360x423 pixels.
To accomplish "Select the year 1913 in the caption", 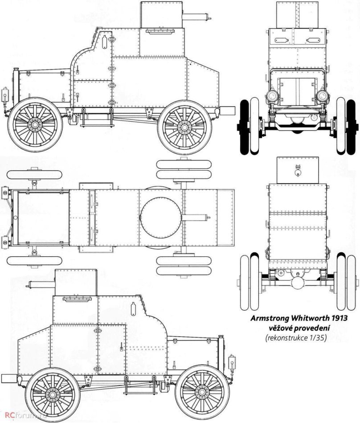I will [335, 319].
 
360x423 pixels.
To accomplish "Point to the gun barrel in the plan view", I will [196, 218].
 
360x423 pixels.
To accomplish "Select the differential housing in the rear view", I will [296, 284].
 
